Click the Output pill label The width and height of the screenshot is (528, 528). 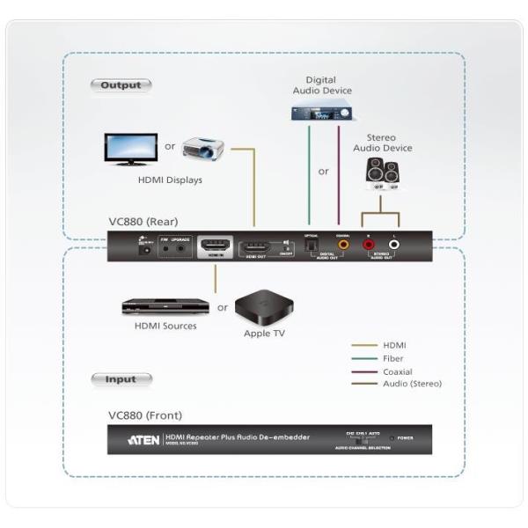[121, 85]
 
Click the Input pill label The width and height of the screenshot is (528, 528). [121, 379]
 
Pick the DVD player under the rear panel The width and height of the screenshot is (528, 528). [165, 307]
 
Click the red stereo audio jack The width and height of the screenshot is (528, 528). [368, 245]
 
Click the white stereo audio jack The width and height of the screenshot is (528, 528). [395, 245]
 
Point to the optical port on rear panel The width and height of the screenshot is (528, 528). [308, 247]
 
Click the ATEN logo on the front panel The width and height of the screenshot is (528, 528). [143, 438]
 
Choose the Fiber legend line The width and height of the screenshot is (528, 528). [364, 358]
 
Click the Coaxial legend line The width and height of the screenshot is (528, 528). [364, 371]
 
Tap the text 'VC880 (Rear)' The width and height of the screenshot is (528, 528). [143, 224]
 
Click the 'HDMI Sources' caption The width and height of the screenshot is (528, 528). [165, 326]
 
